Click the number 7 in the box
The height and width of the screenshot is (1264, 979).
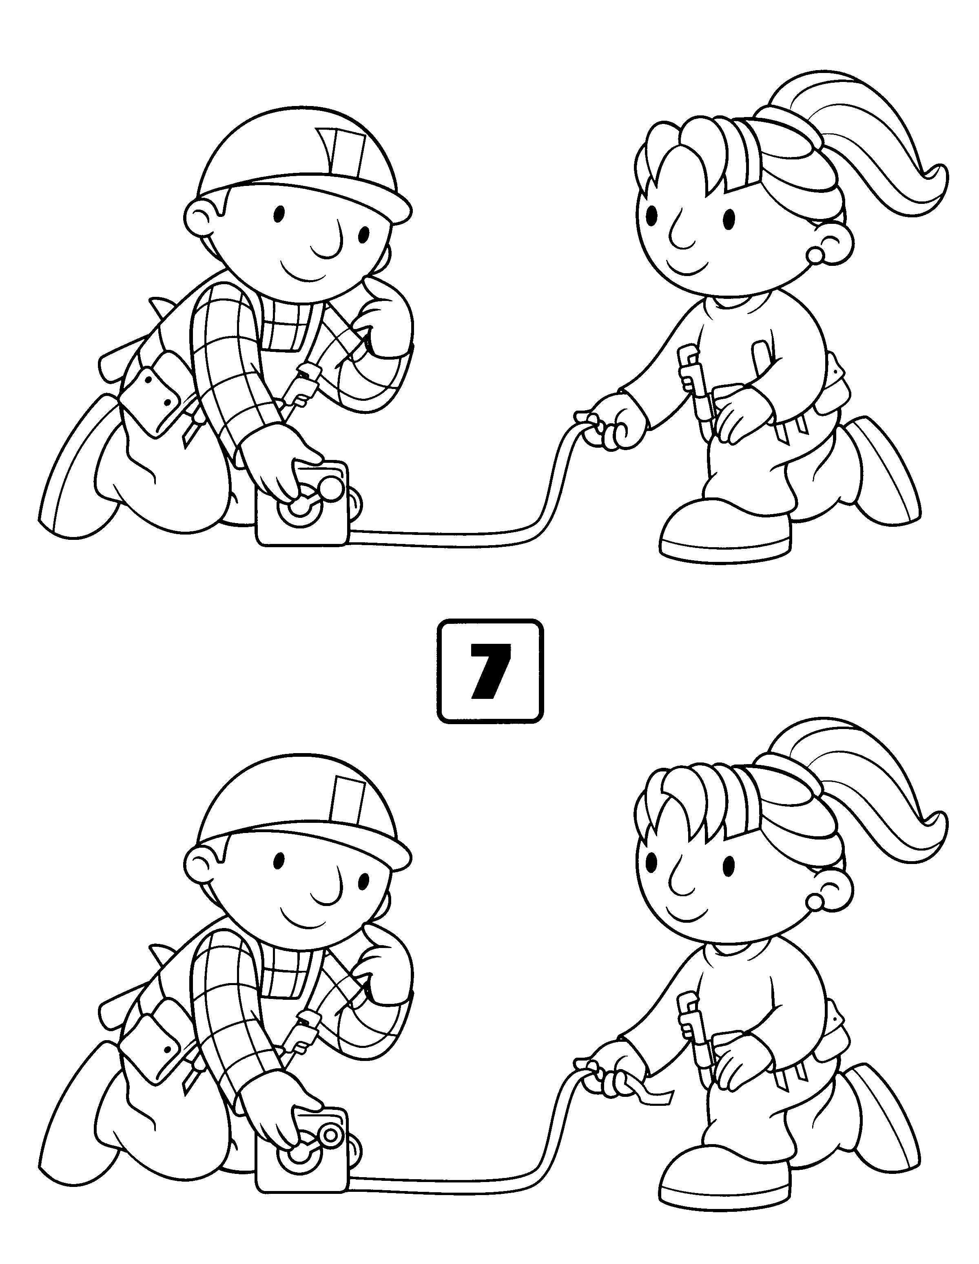490,672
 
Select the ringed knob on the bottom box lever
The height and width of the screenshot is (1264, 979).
331,1136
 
